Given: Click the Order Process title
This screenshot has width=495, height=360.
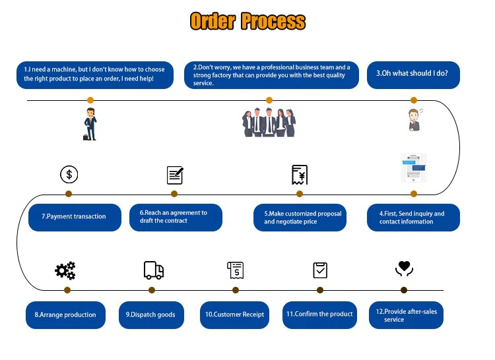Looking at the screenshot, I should coord(247,21).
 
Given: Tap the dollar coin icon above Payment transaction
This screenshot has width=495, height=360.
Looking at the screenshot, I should coord(69,174).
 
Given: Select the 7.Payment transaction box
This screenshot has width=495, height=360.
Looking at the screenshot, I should coord(75,217).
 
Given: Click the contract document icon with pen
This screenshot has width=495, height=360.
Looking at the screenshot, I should coord(175,175).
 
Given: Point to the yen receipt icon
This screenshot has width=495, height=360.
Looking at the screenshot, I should coord(300,175).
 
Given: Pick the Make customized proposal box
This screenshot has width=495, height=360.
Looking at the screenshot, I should coord(300,218).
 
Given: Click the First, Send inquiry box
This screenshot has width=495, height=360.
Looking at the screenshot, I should coord(413,218).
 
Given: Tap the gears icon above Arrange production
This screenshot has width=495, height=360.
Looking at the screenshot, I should coord(65,270).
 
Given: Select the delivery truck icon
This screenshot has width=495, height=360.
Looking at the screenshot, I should coord(153,270).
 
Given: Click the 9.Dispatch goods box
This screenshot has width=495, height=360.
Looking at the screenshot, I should coord(150,315).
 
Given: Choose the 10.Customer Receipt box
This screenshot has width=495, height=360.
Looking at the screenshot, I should coord(234,315).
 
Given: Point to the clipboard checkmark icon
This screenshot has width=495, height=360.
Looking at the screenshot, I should coord(320,270).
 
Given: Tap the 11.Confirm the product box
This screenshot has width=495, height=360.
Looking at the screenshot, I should coord(320,314).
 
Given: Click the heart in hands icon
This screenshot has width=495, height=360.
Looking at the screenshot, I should coord(404,268).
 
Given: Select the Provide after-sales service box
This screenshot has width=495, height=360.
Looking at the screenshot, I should coord(406,315).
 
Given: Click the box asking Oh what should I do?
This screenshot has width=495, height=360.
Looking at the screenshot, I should coord(413,75).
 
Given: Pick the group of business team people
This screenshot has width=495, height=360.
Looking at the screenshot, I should coord(269,122).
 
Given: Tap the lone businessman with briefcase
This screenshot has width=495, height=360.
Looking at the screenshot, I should coord(90,124).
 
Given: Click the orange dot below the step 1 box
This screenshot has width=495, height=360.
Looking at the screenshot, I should coord(90,100).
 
